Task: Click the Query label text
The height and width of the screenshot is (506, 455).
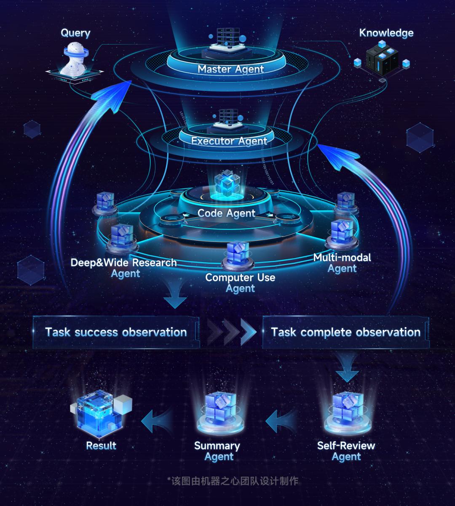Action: [75, 33]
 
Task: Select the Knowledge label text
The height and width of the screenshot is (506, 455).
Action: [386, 33]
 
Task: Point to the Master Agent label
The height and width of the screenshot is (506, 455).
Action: [231, 69]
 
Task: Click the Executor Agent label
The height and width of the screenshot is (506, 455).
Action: [229, 141]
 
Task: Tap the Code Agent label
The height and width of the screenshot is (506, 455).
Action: [226, 213]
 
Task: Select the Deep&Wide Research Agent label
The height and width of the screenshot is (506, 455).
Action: [124, 268]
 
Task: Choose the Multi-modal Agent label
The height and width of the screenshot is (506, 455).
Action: [342, 263]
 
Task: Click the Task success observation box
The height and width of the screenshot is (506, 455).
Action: [116, 332]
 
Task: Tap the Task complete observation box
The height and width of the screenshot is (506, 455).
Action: [345, 332]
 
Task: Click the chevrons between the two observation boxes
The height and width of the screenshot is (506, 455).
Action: [231, 332]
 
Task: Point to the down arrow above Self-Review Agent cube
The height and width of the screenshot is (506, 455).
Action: [347, 367]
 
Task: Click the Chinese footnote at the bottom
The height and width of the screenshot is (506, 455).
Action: [233, 481]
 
